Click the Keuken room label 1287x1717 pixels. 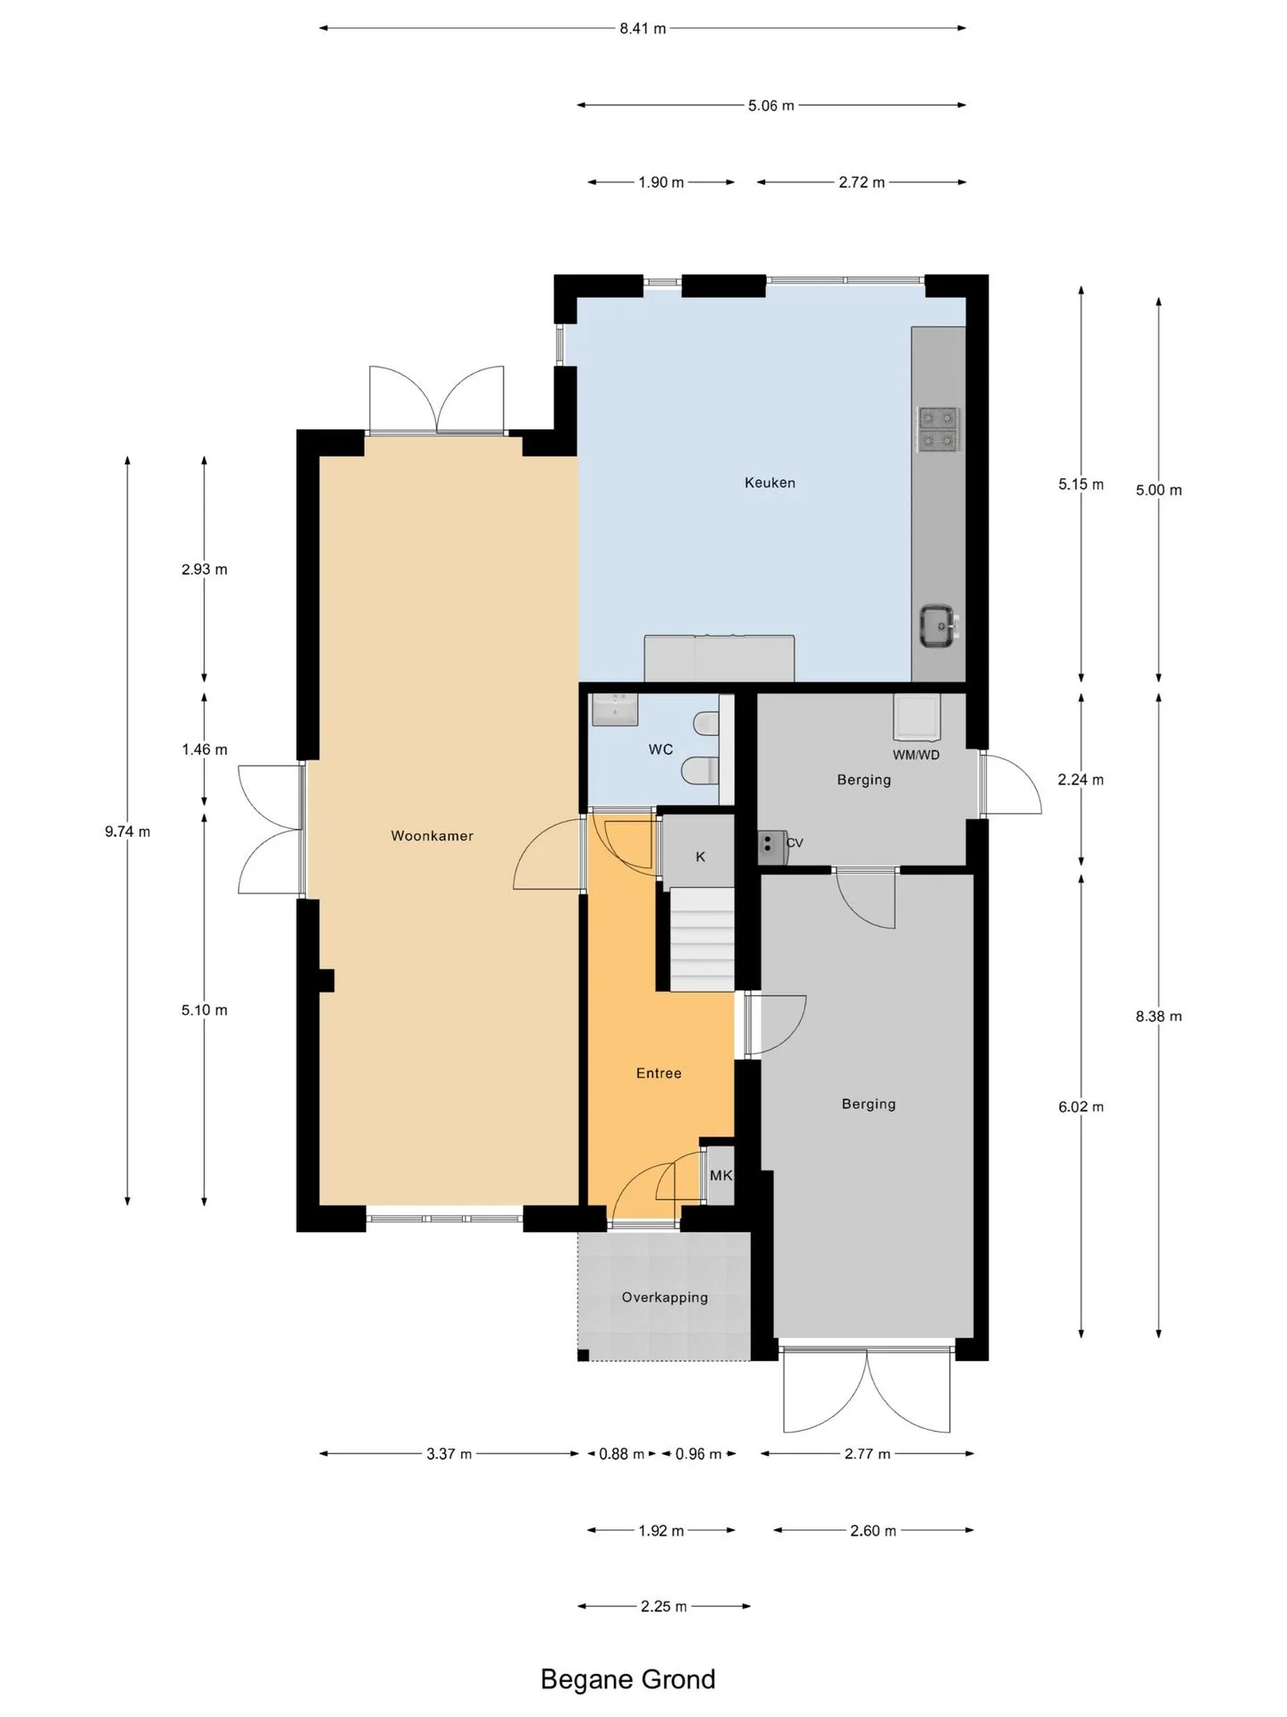click(770, 483)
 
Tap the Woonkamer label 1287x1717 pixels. click(432, 836)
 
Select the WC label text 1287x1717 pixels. click(660, 749)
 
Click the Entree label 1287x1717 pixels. click(659, 1073)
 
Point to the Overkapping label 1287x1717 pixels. click(665, 1298)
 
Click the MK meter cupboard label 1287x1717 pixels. click(720, 1175)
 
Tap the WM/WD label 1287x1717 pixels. click(916, 755)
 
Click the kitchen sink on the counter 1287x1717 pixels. click(939, 626)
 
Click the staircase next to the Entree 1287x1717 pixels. click(702, 939)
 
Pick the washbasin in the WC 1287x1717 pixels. click(614, 709)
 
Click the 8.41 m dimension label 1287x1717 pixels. click(643, 29)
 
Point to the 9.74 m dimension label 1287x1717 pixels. click(128, 832)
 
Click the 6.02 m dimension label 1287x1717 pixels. click(1081, 1107)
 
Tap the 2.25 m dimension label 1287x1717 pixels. click(664, 1606)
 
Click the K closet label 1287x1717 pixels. click(701, 857)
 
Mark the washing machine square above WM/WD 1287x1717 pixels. click(917, 717)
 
